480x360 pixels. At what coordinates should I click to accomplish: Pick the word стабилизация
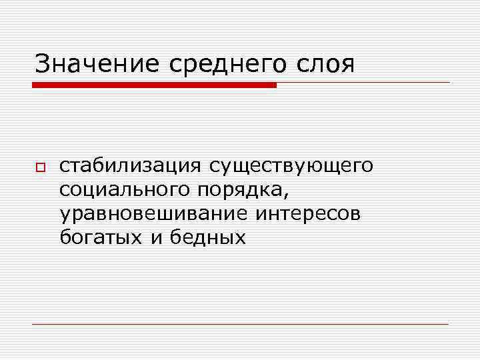(130, 165)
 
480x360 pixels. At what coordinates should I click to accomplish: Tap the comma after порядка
(287, 195)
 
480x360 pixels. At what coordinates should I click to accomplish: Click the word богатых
(100, 237)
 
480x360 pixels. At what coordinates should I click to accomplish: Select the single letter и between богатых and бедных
(155, 238)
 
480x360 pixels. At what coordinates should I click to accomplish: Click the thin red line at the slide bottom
(240, 324)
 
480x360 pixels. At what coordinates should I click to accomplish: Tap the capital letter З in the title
(42, 64)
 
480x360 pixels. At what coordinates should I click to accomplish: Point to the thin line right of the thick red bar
(363, 83)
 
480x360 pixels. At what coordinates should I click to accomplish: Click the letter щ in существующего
(325, 166)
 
